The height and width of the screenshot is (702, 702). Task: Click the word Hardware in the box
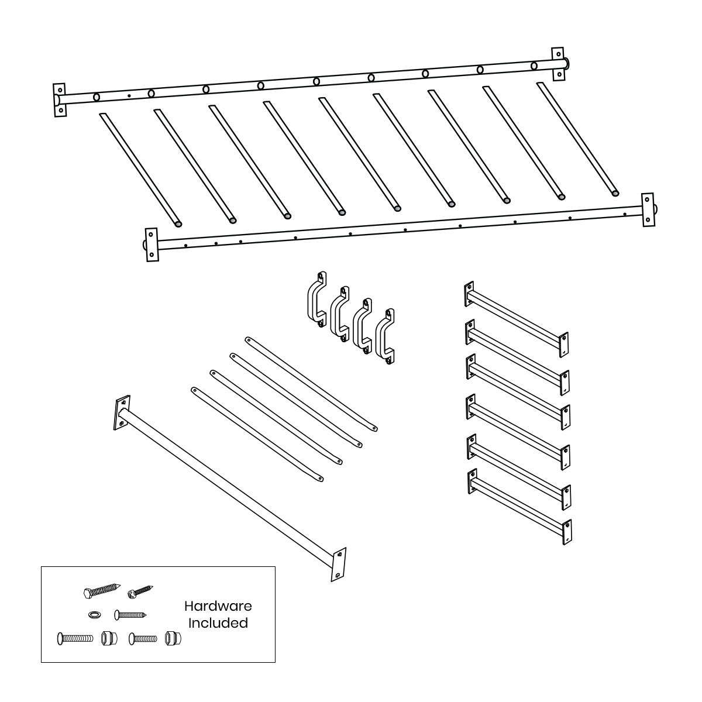(218, 607)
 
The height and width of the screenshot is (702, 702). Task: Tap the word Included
(218, 623)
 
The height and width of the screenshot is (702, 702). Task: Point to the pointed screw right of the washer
(130, 614)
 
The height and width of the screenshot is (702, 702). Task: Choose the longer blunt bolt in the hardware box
(75, 638)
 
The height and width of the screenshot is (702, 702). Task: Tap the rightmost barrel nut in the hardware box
(172, 638)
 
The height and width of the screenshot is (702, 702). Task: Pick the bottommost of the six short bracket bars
(518, 508)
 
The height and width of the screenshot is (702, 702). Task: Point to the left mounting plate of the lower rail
(152, 243)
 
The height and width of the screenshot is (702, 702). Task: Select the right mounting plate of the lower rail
(647, 208)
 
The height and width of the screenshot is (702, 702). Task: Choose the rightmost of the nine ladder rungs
(577, 138)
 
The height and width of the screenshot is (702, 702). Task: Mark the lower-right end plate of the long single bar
(339, 565)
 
